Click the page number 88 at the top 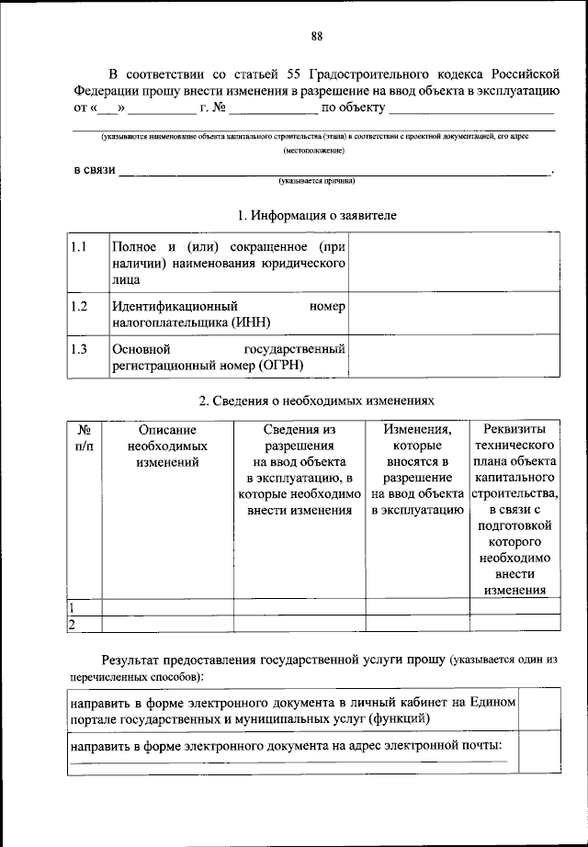(315, 37)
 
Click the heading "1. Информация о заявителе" (316, 216)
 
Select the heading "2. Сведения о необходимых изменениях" (315, 401)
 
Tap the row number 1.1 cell (79, 247)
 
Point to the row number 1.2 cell (79, 306)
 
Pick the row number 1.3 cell (79, 349)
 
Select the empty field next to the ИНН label (453, 314)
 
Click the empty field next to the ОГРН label (453, 358)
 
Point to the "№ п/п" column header (84, 437)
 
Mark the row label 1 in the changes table (73, 607)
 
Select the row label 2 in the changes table (73, 624)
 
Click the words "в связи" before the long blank (95, 171)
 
